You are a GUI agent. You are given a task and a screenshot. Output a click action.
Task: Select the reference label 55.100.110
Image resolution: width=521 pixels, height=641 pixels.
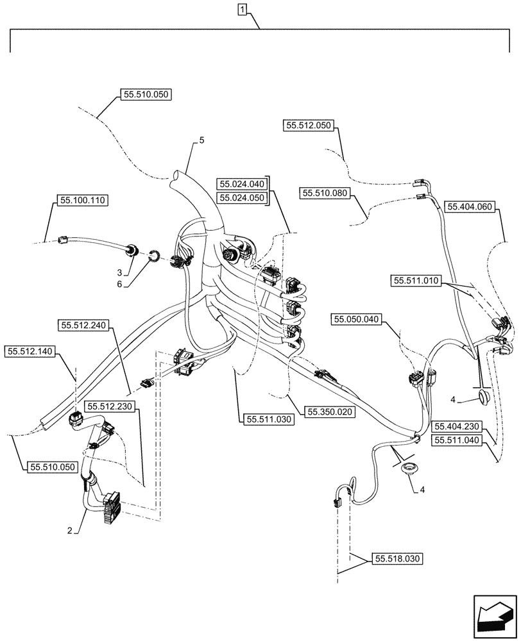tap(82, 201)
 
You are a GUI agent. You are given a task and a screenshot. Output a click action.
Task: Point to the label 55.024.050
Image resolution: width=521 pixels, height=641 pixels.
tap(242, 198)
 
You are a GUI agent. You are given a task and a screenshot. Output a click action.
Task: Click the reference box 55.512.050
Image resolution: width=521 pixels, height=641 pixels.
tap(309, 126)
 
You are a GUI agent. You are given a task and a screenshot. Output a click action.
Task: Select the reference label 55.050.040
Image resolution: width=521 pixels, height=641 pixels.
tap(356, 319)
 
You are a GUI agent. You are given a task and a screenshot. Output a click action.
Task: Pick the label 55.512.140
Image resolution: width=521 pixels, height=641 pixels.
tap(31, 351)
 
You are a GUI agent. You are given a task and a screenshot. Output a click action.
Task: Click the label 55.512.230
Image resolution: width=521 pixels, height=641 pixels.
tap(110, 406)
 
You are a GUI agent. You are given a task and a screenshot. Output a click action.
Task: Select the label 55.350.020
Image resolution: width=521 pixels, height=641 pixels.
tap(329, 412)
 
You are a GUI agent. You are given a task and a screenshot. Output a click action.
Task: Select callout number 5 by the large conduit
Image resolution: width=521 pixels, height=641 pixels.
tap(201, 140)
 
